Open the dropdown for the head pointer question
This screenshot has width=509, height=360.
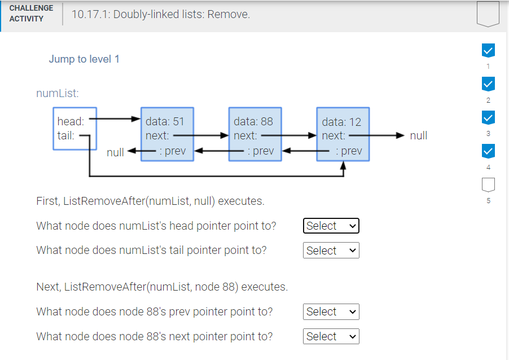331,226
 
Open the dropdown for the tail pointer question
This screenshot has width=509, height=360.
331,251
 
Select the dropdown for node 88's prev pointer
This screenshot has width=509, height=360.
331,311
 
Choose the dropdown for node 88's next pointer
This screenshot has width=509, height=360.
331,336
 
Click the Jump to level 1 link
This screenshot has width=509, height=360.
84,59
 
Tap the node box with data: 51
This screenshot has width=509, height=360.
167,134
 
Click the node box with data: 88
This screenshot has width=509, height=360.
255,134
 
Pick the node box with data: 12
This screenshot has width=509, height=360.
343,134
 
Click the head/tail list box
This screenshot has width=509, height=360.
74,129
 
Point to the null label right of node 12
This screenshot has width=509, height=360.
418,135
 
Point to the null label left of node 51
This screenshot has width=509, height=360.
115,152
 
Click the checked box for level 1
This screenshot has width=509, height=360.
488,51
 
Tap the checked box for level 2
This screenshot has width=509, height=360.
488,85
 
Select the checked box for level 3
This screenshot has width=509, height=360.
488,118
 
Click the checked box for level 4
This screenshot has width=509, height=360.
488,151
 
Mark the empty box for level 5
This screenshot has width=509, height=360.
488,185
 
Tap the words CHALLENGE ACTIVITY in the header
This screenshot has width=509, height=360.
31,14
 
